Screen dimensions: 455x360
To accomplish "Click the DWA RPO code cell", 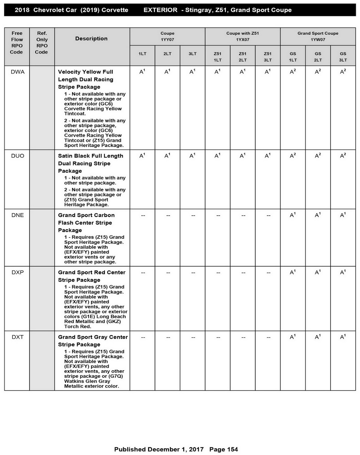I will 18,72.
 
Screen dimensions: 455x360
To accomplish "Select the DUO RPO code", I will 18,156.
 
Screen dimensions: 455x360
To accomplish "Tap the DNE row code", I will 18,215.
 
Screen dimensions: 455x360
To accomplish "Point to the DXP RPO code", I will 18,272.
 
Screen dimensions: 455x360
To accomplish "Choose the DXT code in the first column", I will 18,337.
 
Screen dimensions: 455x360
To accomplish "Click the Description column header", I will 91,39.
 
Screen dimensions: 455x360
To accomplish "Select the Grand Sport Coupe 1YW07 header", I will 318,36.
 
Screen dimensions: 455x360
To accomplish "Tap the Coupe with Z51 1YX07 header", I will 242,36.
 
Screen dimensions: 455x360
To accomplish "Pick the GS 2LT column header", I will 318,57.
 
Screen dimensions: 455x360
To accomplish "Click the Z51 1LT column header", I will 217,57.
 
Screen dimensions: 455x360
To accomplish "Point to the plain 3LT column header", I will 192,54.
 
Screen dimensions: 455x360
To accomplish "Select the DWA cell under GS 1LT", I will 293,72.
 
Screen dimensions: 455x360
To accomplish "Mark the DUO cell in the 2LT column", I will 167,156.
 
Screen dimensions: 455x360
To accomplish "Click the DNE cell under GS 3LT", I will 343,215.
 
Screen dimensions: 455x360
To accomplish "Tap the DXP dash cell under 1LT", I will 143,273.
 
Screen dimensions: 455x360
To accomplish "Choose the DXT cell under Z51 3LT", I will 268,337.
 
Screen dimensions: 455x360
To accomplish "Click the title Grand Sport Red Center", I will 91,272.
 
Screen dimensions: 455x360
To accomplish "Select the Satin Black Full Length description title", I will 90,156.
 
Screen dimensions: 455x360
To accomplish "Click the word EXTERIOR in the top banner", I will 160,10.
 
